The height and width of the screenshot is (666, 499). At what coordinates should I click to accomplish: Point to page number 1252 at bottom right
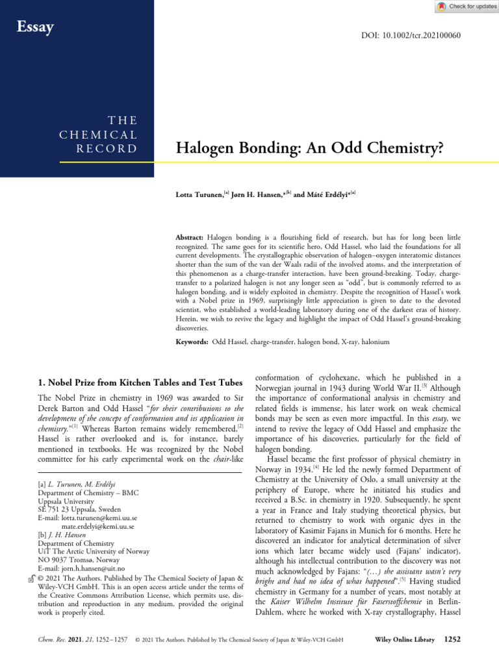452,640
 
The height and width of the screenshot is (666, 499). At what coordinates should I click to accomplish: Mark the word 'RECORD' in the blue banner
114,149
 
